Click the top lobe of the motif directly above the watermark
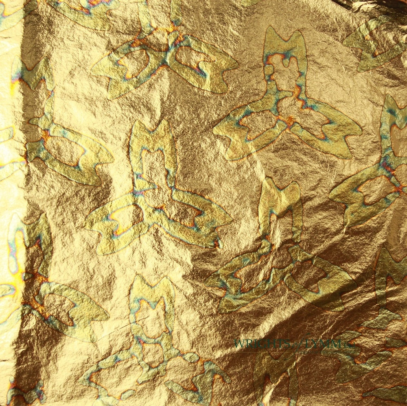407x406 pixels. (281, 199)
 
